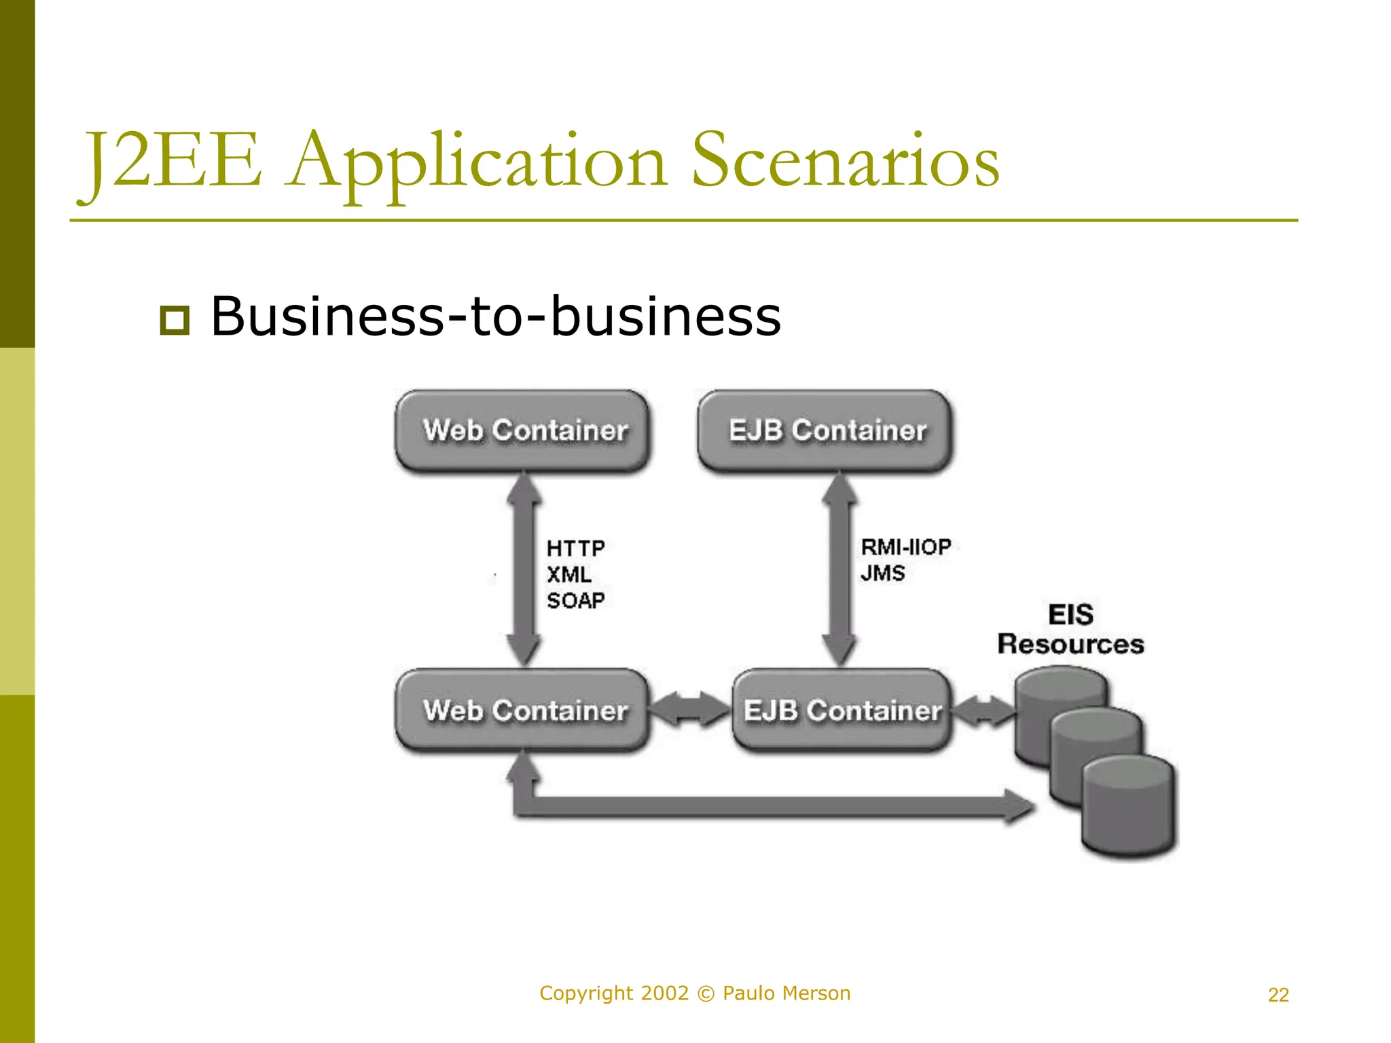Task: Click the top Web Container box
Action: [522, 431]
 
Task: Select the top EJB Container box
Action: [825, 431]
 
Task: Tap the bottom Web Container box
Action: [522, 710]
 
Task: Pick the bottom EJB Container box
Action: [842, 710]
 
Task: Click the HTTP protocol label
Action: [575, 548]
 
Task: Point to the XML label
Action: [568, 574]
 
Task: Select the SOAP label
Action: [575, 600]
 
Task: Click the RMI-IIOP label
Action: [905, 547]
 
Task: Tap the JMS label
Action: [882, 573]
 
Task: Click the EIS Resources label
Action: [1070, 629]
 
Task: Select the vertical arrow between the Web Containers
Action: [524, 570]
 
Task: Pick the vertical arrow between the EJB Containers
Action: [839, 570]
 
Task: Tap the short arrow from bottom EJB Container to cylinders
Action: [983, 712]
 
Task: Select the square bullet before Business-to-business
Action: [175, 320]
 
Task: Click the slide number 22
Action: [1278, 995]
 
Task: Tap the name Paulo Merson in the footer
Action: [786, 993]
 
